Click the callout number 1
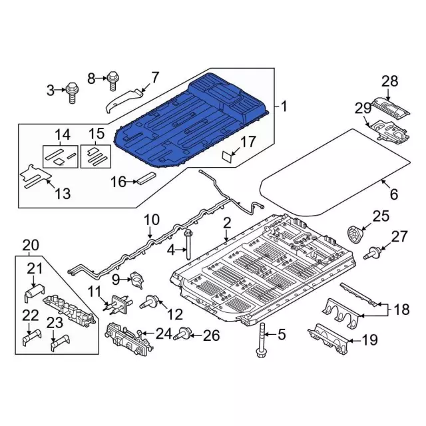tap(284, 106)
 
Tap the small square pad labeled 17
tap(228, 156)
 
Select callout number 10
tap(152, 219)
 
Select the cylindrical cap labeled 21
tap(33, 293)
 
